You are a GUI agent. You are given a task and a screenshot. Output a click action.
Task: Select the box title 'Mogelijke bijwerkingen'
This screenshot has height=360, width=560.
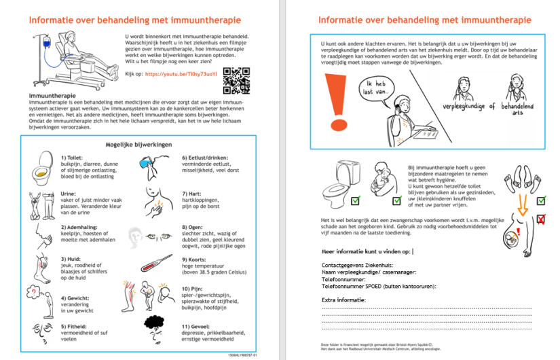pyautogui.click(x=138, y=145)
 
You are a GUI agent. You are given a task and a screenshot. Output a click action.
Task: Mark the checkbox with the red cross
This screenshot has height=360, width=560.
pyautogui.click(x=540, y=219)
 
